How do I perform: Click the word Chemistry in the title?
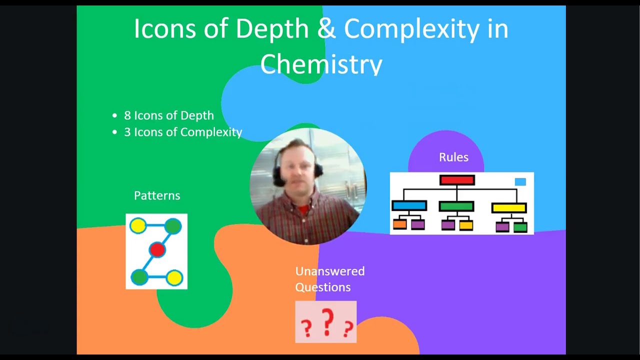tap(321, 64)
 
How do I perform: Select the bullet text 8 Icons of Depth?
tap(168, 115)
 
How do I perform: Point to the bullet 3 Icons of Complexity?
tap(183, 132)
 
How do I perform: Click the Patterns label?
tap(157, 195)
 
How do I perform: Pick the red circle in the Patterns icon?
tap(157, 250)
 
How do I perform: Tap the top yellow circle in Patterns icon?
tap(138, 226)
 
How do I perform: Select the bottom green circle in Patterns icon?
tap(139, 277)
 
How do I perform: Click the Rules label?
tap(453, 157)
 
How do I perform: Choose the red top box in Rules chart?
tap(457, 180)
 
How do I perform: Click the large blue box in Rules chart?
tap(409, 206)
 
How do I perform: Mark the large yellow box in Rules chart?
tap(509, 207)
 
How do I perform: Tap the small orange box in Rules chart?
tap(399, 225)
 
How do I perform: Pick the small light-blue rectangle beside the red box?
tap(520, 182)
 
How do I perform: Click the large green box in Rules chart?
tap(456, 206)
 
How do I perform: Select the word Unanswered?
tap(329, 271)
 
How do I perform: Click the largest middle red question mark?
tap(327, 322)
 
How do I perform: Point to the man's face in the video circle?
tap(297, 170)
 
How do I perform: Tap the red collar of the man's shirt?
tap(303, 209)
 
